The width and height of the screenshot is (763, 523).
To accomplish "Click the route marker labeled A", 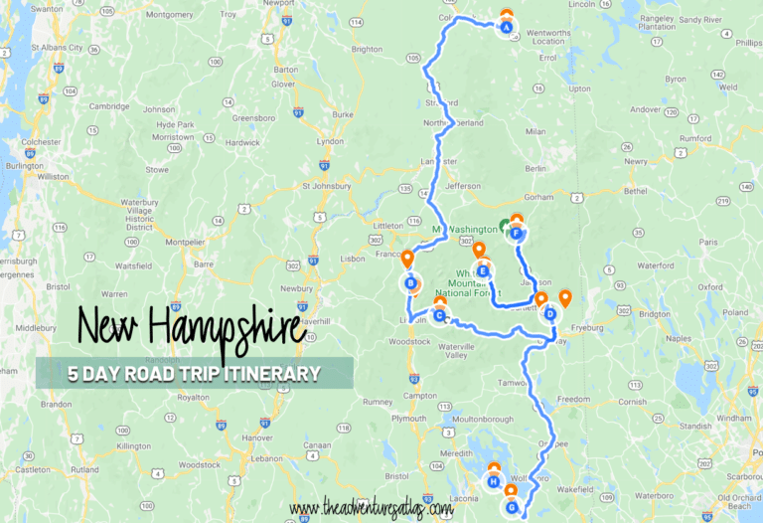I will point(507,28).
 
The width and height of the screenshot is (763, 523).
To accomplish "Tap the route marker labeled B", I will point(410,283).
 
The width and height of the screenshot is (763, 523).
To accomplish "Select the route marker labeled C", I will point(438,315).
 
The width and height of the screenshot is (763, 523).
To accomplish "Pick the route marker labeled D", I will point(550,314).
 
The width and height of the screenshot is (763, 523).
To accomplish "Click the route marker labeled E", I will point(483,271).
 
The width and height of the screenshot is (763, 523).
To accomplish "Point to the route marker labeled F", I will point(517,234).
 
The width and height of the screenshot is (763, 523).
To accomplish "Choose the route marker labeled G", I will point(512,507).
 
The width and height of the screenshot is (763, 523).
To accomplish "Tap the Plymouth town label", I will point(408,419).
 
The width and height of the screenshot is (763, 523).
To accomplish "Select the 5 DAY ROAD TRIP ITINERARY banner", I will point(194,374).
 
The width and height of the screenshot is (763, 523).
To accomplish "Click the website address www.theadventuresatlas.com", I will point(373,508).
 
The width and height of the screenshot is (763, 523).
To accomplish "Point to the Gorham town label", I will point(538,197).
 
